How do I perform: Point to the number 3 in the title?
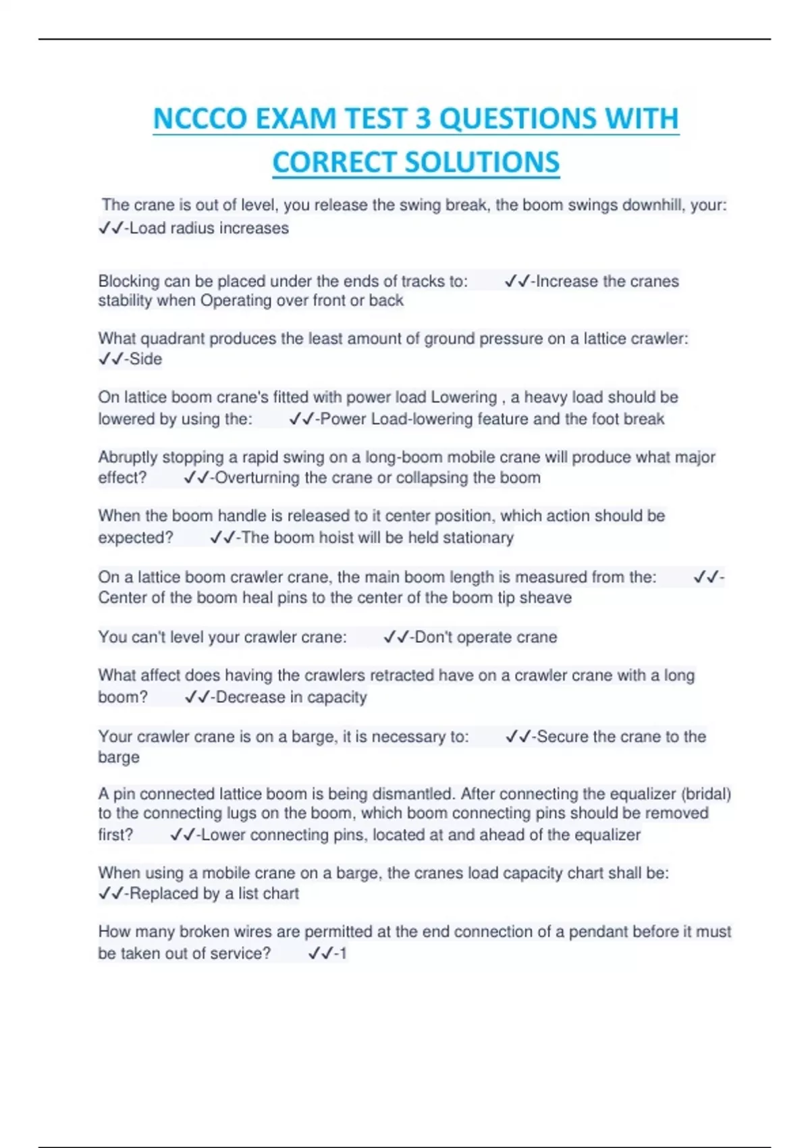pyautogui.click(x=423, y=119)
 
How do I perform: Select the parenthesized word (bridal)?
pyautogui.click(x=706, y=793)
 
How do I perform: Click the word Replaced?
pyautogui.click(x=160, y=893)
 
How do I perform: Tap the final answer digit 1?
pyautogui.click(x=343, y=954)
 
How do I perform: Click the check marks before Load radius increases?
pyautogui.click(x=111, y=228)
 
